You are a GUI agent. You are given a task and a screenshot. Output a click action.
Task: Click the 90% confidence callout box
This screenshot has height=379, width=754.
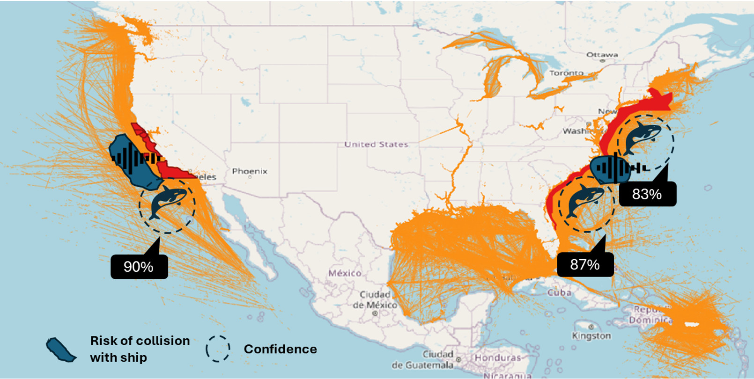pyautogui.click(x=139, y=267)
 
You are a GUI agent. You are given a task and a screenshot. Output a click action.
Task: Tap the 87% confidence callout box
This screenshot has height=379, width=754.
pyautogui.click(x=585, y=264)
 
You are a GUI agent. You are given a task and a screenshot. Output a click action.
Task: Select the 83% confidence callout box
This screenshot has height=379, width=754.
pyautogui.click(x=647, y=194)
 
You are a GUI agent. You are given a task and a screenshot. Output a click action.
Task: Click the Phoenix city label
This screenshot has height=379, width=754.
pyautogui.click(x=250, y=171)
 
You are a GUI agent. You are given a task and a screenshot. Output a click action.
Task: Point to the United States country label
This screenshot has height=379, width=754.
pyautogui.click(x=376, y=144)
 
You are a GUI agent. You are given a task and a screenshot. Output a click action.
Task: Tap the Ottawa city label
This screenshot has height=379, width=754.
pyautogui.click(x=602, y=55)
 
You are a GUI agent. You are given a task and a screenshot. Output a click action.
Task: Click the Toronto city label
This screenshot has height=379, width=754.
pyautogui.click(x=566, y=73)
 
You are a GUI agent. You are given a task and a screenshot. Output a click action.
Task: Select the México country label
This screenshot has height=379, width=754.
pyautogui.click(x=345, y=273)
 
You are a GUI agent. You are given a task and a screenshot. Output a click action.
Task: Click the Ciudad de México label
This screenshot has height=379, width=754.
pyautogui.click(x=375, y=299)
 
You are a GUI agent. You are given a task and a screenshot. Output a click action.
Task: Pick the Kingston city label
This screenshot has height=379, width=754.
pyautogui.click(x=591, y=335)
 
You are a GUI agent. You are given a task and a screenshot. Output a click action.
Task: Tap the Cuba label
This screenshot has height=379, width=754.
pyautogui.click(x=559, y=292)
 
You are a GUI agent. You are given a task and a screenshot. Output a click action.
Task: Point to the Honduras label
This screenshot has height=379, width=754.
pyautogui.click(x=497, y=357)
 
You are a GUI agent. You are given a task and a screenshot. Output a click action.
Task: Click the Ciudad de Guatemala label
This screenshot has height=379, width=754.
pyautogui.click(x=424, y=359)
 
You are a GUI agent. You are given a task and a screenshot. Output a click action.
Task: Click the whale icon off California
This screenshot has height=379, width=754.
pyautogui.click(x=167, y=201)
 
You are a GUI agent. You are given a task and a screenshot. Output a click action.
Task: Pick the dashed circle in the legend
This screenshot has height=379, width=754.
pyautogui.click(x=218, y=349)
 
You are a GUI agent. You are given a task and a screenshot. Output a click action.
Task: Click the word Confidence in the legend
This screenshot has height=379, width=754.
pyautogui.click(x=280, y=349)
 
